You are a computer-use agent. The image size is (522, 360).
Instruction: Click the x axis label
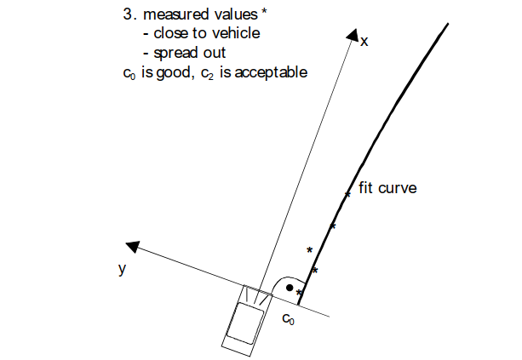[364, 42]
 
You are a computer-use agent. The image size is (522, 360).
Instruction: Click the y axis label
[123, 268]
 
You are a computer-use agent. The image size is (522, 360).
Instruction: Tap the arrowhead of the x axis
[352, 35]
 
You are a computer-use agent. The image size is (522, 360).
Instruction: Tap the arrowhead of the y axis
[133, 247]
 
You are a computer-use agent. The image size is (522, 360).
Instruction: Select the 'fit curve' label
[387, 187]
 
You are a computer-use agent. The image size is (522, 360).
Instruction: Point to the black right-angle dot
[290, 289]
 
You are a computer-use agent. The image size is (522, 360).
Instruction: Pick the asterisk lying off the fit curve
[309, 249]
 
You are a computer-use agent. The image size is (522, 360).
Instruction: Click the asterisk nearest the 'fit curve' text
[347, 195]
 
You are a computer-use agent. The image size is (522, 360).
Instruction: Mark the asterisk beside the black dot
[299, 293]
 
